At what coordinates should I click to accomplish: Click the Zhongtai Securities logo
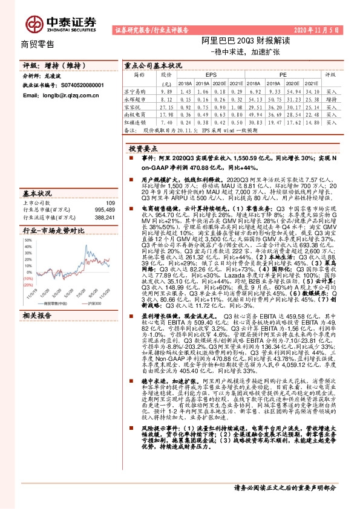pyautogui.click(x=61, y=22)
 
